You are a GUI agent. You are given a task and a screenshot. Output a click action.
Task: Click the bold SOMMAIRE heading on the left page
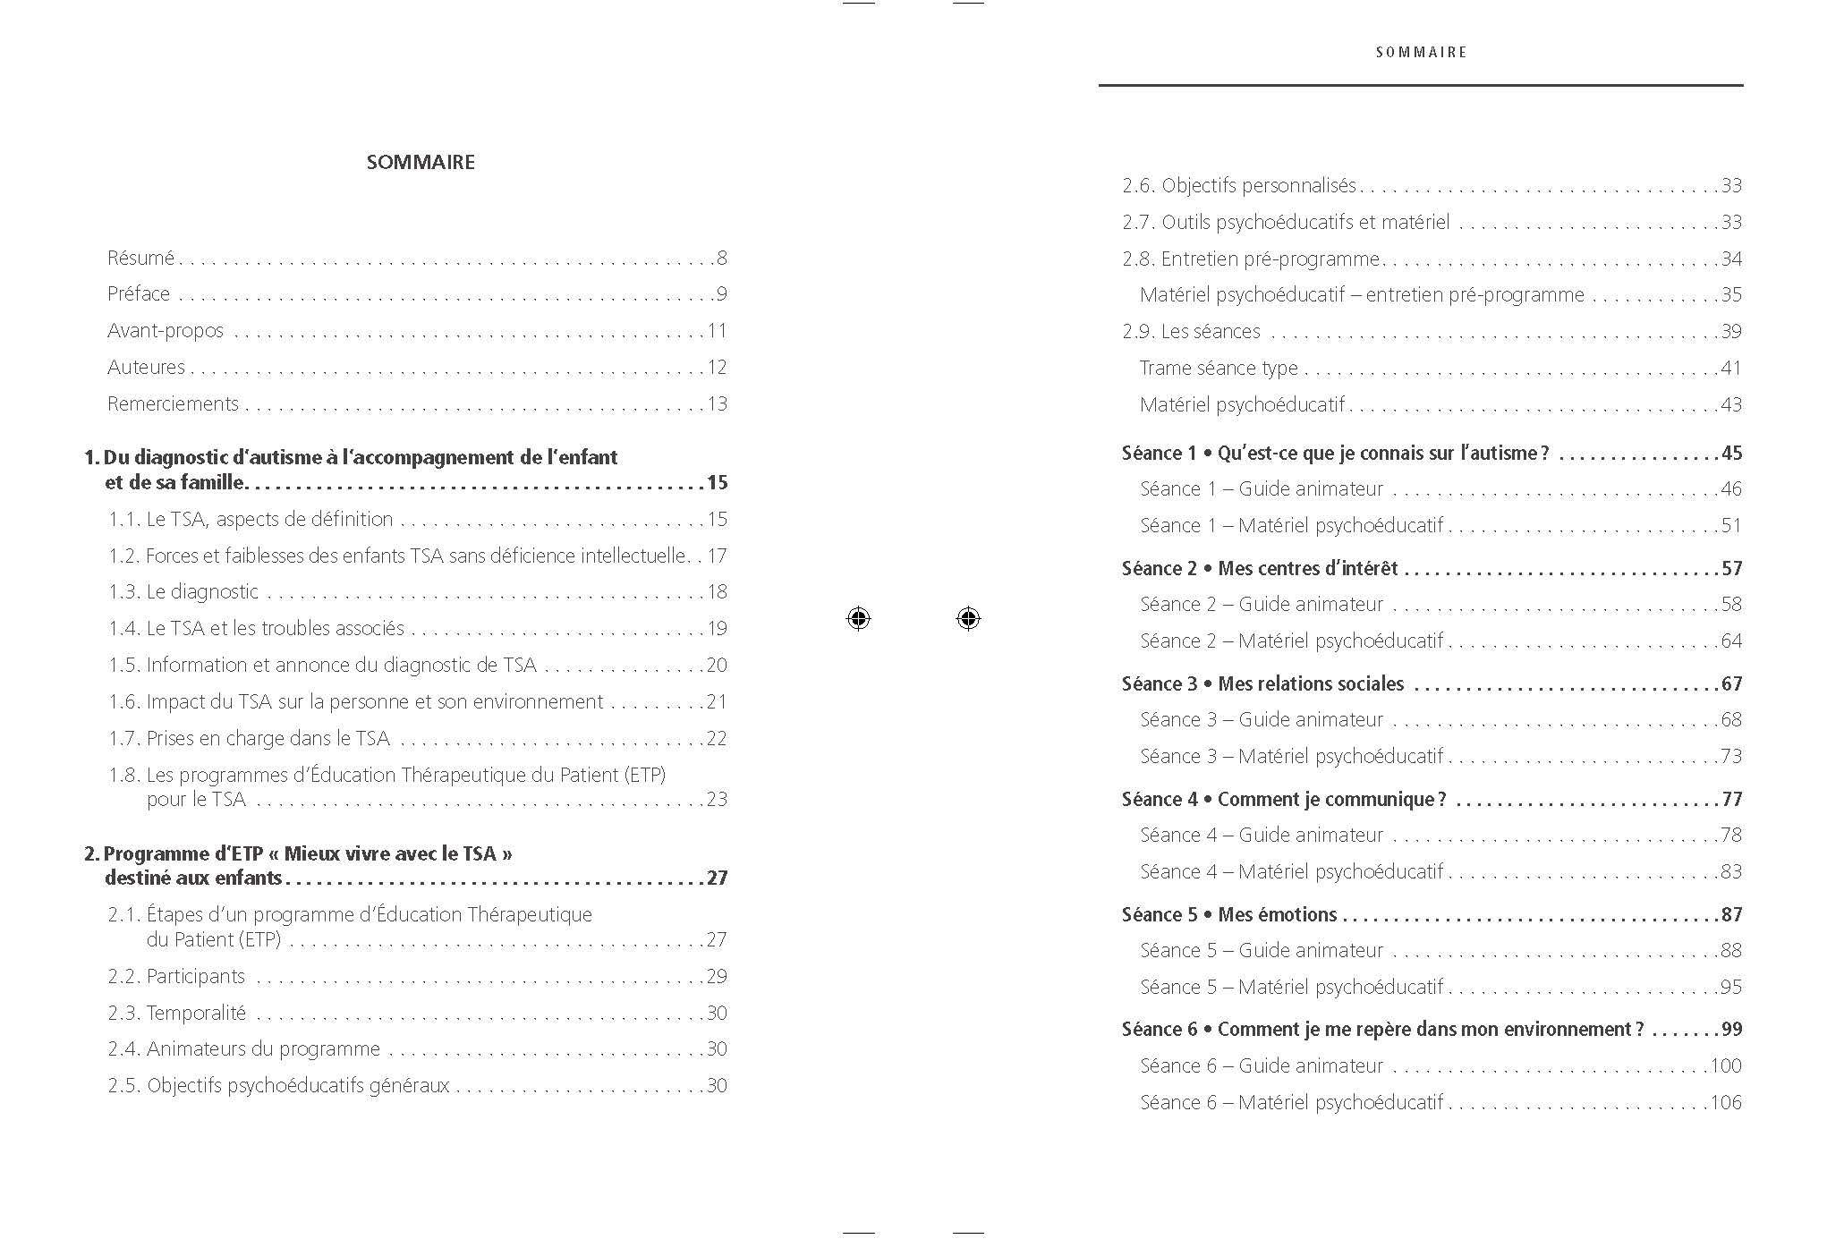pyautogui.click(x=421, y=162)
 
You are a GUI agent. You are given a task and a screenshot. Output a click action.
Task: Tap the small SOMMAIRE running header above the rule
pyautogui.click(x=1421, y=53)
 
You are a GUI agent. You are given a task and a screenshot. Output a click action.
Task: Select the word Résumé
pyautogui.click(x=140, y=258)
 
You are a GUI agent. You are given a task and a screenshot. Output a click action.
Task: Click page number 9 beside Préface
pyautogui.click(x=721, y=294)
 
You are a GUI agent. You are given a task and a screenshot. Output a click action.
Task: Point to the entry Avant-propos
pyautogui.click(x=166, y=331)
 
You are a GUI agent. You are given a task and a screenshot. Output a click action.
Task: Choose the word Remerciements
pyautogui.click(x=173, y=403)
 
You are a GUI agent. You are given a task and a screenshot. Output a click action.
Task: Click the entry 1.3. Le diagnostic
pyautogui.click(x=183, y=591)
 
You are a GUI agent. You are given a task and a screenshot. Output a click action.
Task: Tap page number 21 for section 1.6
pyautogui.click(x=717, y=701)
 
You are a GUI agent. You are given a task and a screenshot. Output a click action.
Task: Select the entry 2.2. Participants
pyautogui.click(x=176, y=976)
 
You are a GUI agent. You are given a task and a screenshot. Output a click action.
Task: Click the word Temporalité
pyautogui.click(x=196, y=1013)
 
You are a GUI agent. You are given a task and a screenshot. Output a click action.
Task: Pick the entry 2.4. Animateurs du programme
pyautogui.click(x=244, y=1048)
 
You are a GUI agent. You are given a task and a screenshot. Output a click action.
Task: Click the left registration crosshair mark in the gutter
pyautogui.click(x=858, y=618)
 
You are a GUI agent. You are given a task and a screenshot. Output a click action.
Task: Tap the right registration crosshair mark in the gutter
pyautogui.click(x=968, y=618)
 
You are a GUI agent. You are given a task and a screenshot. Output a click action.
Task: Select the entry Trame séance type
pyautogui.click(x=1219, y=368)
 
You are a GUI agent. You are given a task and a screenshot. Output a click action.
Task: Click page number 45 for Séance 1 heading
pyautogui.click(x=1731, y=454)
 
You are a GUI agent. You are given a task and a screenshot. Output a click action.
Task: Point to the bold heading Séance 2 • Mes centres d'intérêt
pyautogui.click(x=1260, y=568)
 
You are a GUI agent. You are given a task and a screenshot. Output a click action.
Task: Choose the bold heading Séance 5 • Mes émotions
pyautogui.click(x=1229, y=914)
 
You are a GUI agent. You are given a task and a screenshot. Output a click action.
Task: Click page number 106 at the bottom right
pyautogui.click(x=1726, y=1102)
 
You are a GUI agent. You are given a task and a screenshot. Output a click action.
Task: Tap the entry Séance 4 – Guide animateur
pyautogui.click(x=1262, y=835)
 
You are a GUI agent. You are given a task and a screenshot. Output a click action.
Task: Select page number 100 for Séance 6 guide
pyautogui.click(x=1726, y=1065)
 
